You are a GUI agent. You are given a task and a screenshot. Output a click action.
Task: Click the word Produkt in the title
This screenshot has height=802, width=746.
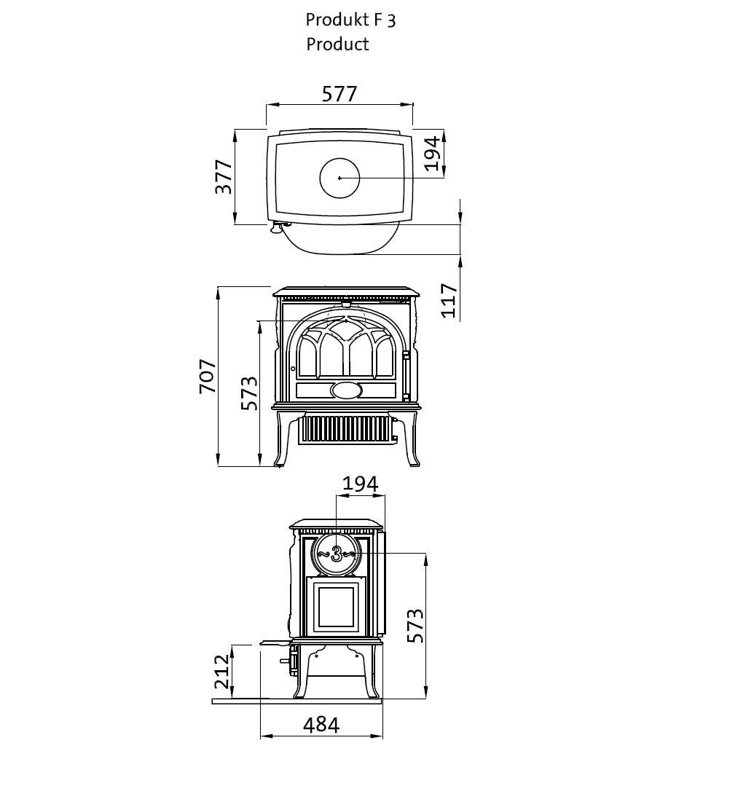337,20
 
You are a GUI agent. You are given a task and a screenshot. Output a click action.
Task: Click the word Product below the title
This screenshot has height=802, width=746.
337,44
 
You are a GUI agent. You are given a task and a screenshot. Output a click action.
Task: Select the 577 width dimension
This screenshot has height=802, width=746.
339,94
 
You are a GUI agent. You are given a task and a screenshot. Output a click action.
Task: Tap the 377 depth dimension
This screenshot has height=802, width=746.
224,177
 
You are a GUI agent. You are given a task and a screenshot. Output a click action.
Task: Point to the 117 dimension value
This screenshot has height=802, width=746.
449,300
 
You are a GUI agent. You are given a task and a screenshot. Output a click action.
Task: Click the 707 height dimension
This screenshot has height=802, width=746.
208,376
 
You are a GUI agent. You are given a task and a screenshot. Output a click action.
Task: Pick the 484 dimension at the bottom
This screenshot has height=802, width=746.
321,725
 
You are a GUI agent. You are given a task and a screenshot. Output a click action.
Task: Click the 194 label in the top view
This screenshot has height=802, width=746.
432,152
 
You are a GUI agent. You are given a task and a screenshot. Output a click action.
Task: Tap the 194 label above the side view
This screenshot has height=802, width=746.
360,484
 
